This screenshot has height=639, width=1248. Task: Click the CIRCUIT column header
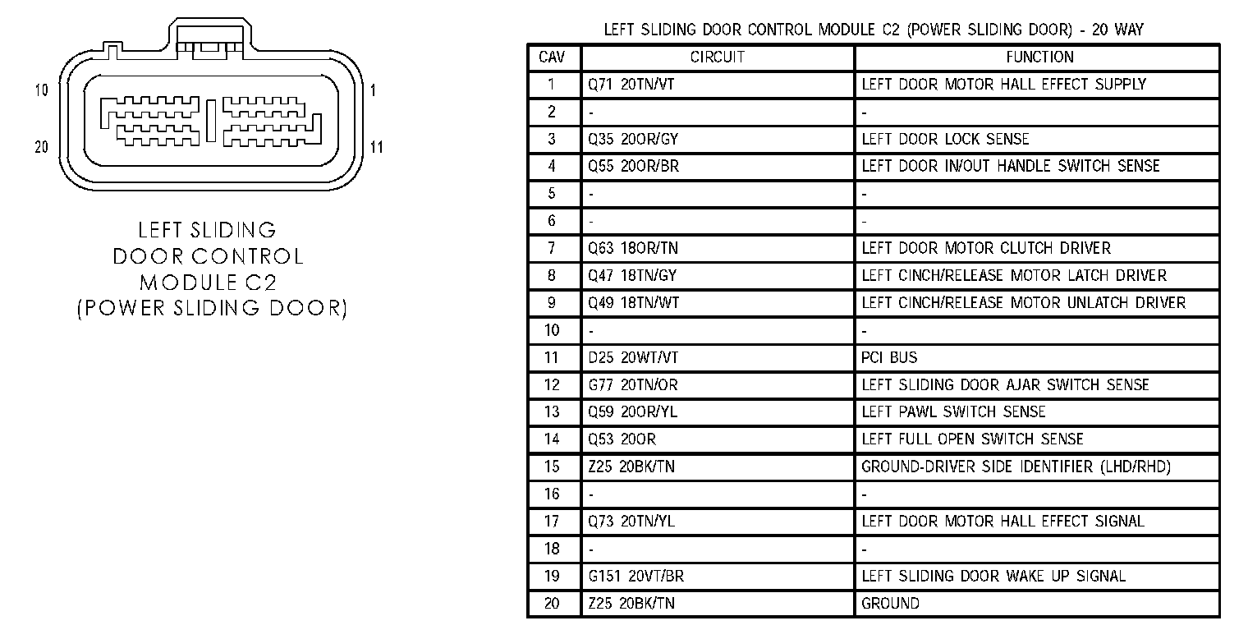pyautogui.click(x=717, y=57)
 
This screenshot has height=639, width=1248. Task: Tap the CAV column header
pyautogui.click(x=552, y=57)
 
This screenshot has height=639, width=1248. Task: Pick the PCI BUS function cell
pyautogui.click(x=889, y=357)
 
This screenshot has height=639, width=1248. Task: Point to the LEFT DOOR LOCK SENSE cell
pyautogui.click(x=945, y=139)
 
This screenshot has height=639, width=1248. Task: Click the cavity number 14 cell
pyautogui.click(x=552, y=439)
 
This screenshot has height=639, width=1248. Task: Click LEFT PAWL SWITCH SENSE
pyautogui.click(x=953, y=411)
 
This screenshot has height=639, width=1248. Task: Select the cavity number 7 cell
pyautogui.click(x=552, y=248)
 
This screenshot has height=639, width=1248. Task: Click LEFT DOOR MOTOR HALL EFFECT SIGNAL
pyautogui.click(x=1003, y=521)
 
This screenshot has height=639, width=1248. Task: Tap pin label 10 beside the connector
pyautogui.click(x=41, y=90)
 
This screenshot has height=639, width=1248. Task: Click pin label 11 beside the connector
pyautogui.click(x=377, y=148)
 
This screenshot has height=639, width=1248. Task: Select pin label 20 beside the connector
pyautogui.click(x=41, y=147)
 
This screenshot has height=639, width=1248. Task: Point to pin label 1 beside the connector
pyautogui.click(x=373, y=90)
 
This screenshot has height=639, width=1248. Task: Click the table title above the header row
pyautogui.click(x=873, y=30)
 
